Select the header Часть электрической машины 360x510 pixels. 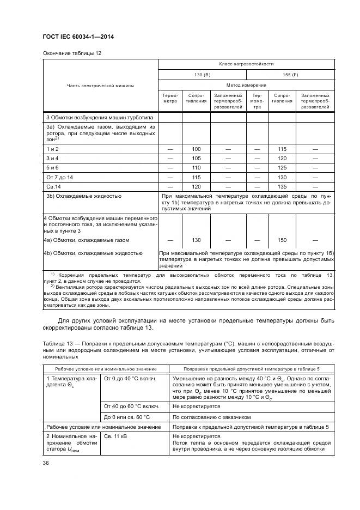point(100,85)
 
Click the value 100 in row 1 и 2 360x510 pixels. point(196,149)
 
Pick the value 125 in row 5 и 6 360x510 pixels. point(282,167)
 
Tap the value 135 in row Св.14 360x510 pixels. point(282,186)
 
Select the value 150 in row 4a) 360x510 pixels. point(282,240)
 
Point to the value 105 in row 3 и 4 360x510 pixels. point(196,158)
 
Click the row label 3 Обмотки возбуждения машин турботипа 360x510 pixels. point(100,117)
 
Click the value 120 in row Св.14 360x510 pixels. point(196,186)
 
